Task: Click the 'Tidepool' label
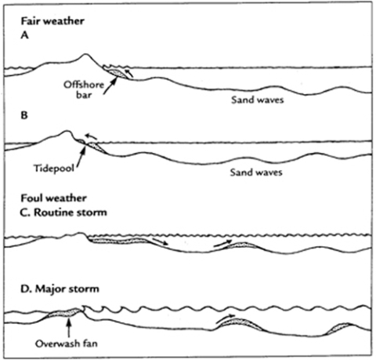[x=53, y=166]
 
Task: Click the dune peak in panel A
[x=87, y=55]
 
